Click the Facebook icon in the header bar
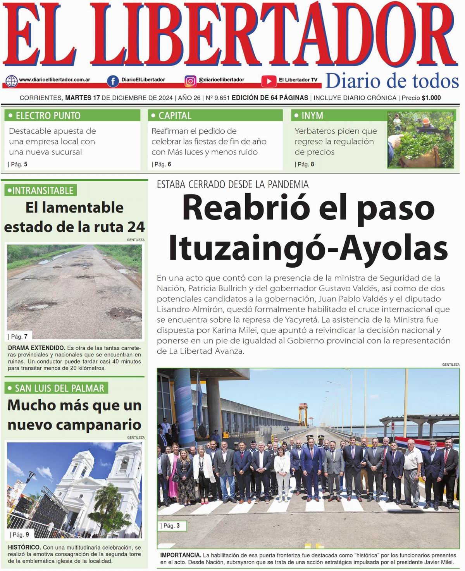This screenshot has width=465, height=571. [x=113, y=81]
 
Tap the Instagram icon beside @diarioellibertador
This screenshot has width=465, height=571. [x=190, y=81]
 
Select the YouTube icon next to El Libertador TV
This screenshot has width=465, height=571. [x=269, y=81]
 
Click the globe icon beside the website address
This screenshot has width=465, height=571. [x=12, y=81]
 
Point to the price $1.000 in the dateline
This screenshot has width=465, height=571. [x=431, y=98]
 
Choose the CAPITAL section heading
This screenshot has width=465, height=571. [x=175, y=115]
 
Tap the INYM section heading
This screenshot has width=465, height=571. [x=312, y=115]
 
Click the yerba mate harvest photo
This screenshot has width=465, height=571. [x=420, y=140]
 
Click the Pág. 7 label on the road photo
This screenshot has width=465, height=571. [x=19, y=336]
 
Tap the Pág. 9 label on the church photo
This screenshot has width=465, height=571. [x=21, y=535]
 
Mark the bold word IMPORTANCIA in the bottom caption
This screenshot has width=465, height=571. [x=181, y=555]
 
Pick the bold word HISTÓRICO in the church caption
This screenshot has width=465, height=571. [x=24, y=547]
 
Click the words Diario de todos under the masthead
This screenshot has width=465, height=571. [x=392, y=81]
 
